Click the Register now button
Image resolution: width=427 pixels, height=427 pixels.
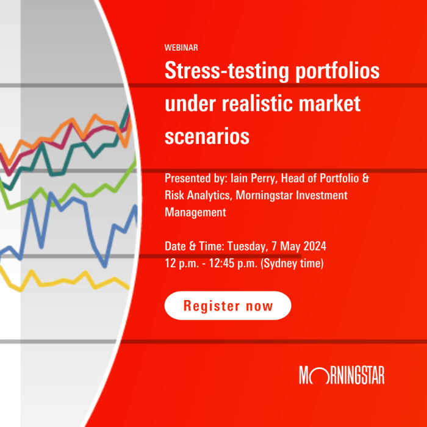pos(228,306)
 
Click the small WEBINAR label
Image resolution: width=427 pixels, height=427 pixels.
pos(181,48)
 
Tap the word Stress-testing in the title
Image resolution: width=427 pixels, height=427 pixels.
pos(221,72)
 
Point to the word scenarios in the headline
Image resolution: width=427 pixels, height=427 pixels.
pos(207,136)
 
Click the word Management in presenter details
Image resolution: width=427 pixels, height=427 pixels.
pos(195,212)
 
